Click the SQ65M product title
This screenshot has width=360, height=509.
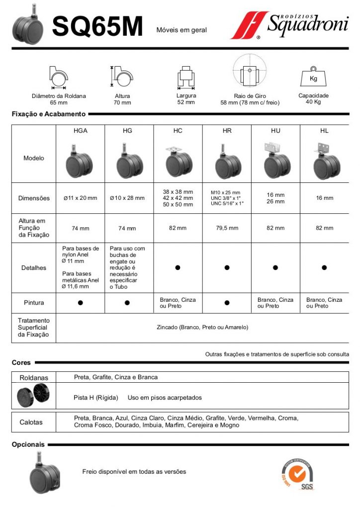click(x=97, y=26)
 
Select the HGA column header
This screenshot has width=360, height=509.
click(x=81, y=131)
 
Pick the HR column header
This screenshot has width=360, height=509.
click(x=227, y=131)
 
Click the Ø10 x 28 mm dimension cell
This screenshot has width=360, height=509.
click(x=127, y=198)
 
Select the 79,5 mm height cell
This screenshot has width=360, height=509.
click(x=227, y=228)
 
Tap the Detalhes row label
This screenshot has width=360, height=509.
click(x=34, y=268)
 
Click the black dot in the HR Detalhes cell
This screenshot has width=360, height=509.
click(x=227, y=268)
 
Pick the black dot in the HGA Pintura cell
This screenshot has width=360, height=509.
click(x=80, y=303)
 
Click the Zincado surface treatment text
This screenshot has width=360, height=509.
click(x=202, y=328)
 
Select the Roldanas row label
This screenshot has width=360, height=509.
click(x=34, y=378)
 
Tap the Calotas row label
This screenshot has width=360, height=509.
click(x=31, y=423)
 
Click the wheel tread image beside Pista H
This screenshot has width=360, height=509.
click(x=33, y=397)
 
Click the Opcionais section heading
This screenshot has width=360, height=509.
click(x=28, y=444)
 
